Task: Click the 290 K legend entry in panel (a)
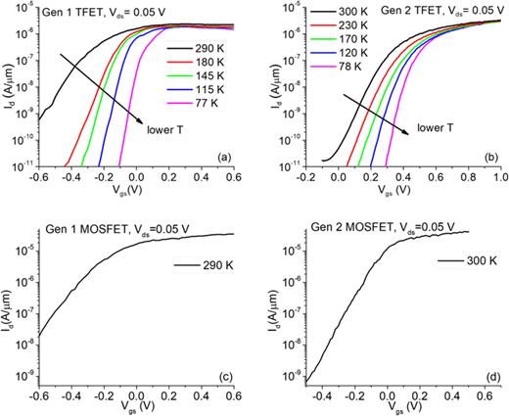(x=208, y=46)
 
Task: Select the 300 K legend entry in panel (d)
(x=458, y=261)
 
